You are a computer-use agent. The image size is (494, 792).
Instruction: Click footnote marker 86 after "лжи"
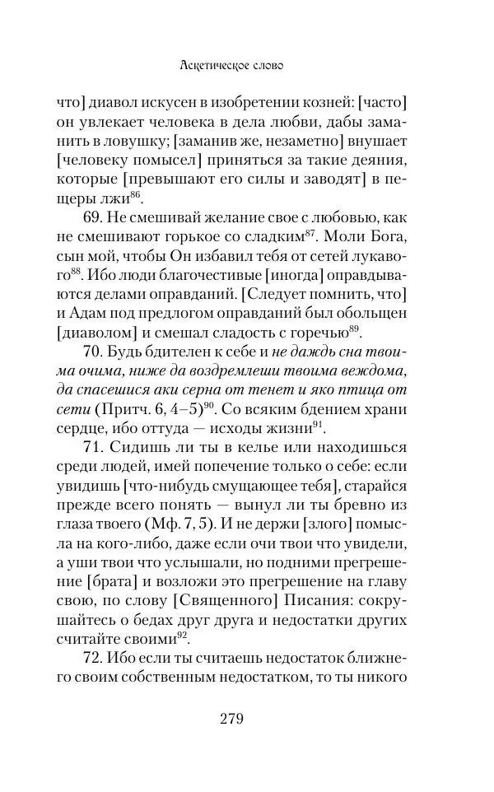point(136,194)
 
